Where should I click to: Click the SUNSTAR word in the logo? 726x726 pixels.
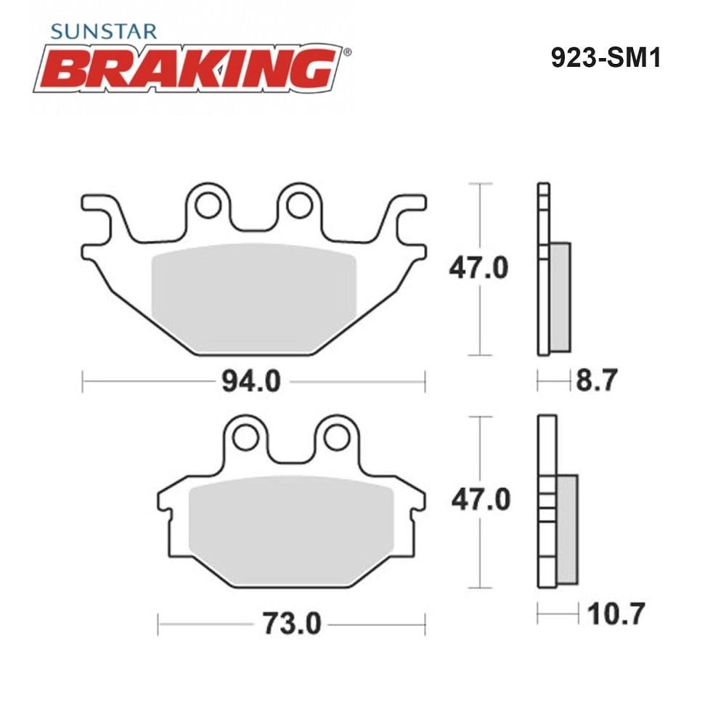pos(104,31)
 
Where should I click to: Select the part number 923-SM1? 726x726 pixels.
pos(605,58)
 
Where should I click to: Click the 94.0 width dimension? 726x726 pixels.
pos(251,382)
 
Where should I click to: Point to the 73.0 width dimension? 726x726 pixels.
pos(292,624)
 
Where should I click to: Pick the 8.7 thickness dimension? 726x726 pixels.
pos(596,380)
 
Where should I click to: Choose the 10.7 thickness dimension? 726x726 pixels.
pos(616,614)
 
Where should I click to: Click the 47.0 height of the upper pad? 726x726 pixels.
pos(478,268)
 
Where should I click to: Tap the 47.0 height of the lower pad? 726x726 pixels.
pos(481,500)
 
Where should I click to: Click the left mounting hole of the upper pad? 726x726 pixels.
pos(208,205)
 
